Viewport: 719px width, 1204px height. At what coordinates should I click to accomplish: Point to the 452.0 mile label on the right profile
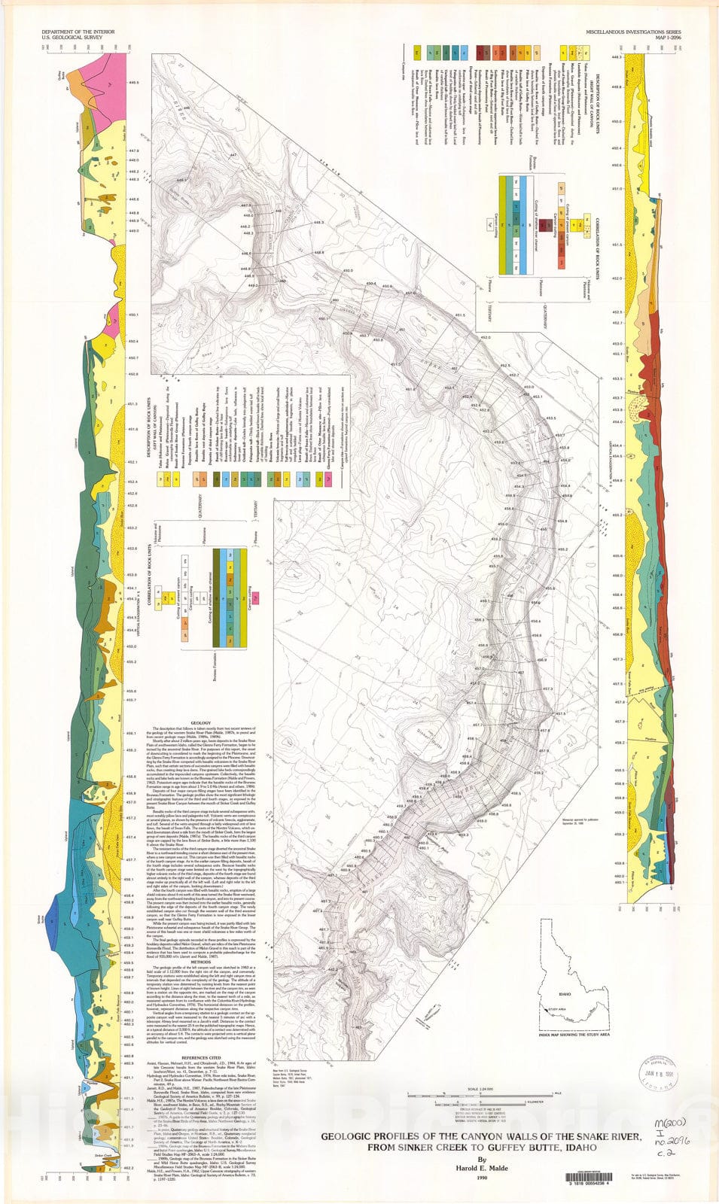[x=617, y=278]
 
